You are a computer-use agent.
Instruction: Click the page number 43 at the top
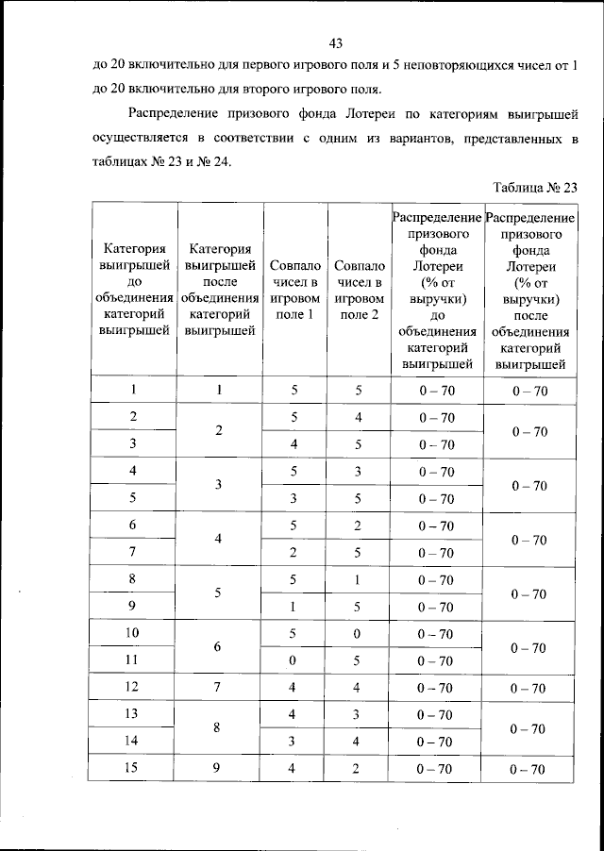[335, 43]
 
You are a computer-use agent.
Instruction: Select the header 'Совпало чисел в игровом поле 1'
[293, 290]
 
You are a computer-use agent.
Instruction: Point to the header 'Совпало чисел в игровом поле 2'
[359, 290]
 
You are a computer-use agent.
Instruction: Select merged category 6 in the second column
[219, 647]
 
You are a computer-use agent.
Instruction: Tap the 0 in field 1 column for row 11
[294, 660]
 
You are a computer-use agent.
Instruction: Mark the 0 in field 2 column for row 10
[359, 633]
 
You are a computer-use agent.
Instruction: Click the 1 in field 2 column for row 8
[359, 579]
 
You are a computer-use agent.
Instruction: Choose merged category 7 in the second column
[219, 687]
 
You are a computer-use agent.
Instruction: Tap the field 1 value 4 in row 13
[294, 714]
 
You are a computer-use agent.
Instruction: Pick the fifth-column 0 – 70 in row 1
[436, 390]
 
